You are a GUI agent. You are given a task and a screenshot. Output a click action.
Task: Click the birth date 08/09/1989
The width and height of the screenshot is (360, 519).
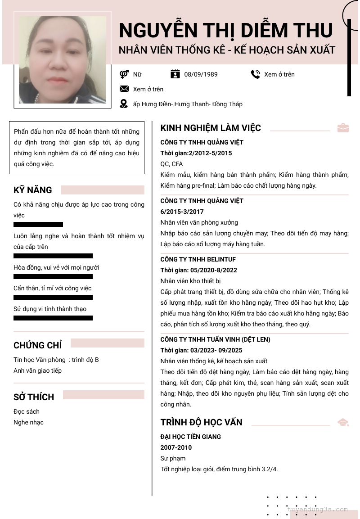[201, 74]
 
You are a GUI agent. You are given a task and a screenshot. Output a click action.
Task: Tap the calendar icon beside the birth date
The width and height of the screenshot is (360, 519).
[175, 74]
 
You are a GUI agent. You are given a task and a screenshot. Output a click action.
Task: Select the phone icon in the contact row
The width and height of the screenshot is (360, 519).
[256, 74]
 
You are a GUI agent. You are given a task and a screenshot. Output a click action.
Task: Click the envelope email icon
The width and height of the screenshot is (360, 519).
[124, 89]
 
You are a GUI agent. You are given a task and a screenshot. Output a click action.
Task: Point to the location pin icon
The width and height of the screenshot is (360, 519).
[124, 104]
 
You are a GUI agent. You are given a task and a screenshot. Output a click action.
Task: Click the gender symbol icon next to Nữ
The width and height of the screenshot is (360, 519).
[124, 74]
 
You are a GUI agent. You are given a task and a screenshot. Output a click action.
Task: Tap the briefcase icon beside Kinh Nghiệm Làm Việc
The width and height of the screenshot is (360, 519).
[343, 128]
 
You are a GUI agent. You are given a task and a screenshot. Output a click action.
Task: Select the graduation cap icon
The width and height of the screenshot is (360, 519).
[343, 422]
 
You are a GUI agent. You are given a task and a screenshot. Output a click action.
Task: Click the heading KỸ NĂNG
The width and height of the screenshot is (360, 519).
[33, 190]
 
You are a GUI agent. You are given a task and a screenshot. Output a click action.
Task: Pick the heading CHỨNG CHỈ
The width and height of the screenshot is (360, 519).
[38, 345]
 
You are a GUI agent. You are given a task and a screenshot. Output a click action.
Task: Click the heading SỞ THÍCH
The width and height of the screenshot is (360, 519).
[34, 397]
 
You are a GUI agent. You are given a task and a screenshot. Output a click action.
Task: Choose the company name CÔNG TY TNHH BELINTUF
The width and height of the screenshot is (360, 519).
[198, 259]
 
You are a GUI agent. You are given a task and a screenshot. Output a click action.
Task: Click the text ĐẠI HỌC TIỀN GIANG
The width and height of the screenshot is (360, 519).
[191, 437]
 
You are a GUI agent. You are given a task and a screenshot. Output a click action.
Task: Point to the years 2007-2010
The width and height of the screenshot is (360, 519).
[176, 447]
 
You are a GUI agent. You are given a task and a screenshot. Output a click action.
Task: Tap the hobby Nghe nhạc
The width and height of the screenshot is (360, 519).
[28, 422]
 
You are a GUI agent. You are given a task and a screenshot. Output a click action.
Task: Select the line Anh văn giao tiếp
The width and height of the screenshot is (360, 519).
[37, 370]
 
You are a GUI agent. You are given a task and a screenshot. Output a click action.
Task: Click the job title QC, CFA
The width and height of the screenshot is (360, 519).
[171, 164]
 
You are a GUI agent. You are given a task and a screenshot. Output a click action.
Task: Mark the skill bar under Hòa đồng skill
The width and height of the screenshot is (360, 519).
[53, 276]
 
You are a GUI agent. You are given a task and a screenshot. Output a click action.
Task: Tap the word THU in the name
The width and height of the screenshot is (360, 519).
[313, 30]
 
